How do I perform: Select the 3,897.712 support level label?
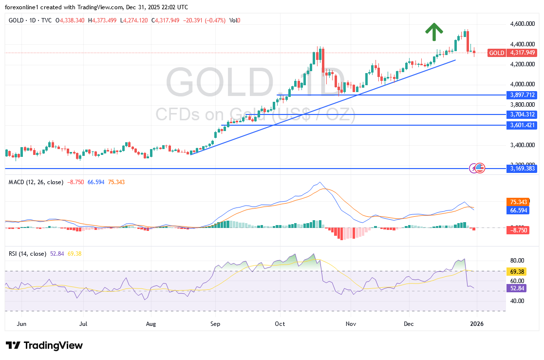pos(522,95)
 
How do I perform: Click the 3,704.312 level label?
pos(522,114)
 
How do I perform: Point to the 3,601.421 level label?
pos(522,125)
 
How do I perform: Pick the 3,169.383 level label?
pos(522,169)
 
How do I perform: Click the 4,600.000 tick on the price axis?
pos(522,24)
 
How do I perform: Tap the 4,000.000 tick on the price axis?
pos(522,84)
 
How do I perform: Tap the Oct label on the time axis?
pos(280,323)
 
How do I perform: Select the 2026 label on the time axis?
pos(475,323)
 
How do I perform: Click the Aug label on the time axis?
pos(151,323)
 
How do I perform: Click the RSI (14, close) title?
pos(28,253)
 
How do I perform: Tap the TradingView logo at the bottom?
pos(44,345)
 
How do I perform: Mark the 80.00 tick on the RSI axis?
pos(517,261)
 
